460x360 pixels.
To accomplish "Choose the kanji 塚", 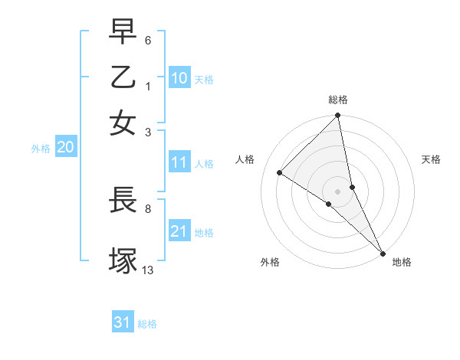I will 123,259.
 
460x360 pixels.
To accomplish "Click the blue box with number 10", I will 179,78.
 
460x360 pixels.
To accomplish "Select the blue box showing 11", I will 179,162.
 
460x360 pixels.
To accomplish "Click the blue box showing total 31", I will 123,322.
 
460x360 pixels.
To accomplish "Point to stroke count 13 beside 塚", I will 148,270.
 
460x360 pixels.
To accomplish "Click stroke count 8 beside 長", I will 148,207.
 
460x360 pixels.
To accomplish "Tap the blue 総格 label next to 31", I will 147,324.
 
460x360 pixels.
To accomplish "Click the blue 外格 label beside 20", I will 41,149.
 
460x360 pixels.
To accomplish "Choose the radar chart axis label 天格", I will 431,160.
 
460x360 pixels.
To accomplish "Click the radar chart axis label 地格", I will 402,262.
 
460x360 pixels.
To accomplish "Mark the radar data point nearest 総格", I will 337,116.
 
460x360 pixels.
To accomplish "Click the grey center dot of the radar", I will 337,191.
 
